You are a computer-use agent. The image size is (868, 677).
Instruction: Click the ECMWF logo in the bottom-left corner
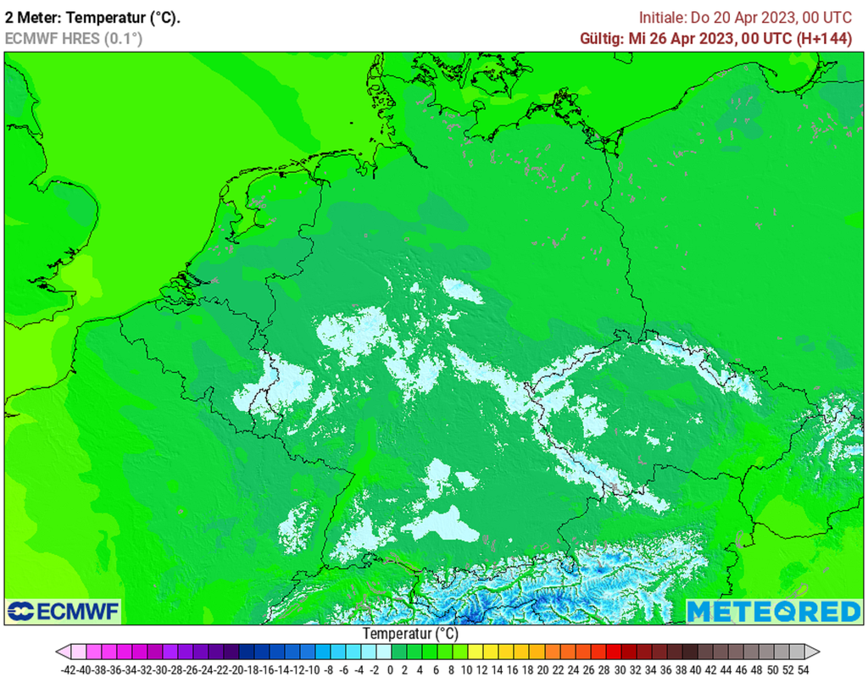63,611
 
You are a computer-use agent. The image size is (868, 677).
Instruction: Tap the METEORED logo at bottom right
773,611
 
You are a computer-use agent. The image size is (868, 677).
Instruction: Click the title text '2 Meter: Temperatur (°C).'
92,17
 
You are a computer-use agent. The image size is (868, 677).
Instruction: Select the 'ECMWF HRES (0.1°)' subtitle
74,38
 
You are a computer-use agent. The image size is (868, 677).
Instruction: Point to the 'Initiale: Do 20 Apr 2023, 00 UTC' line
745,17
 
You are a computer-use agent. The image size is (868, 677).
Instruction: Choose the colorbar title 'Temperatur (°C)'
410,634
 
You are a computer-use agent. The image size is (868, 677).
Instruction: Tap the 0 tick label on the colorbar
390,669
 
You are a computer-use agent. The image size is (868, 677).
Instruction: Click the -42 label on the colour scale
70,669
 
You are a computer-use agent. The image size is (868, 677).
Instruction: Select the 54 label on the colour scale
803,669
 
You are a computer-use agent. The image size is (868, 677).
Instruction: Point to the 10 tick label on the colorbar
466,669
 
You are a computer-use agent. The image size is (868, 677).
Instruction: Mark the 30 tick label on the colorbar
620,669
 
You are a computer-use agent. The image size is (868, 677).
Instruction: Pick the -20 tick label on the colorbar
238,669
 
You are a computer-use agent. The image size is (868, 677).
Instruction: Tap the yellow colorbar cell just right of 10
474,652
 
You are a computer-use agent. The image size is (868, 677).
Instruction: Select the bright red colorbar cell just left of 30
612,652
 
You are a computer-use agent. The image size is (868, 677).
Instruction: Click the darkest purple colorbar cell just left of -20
231,652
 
